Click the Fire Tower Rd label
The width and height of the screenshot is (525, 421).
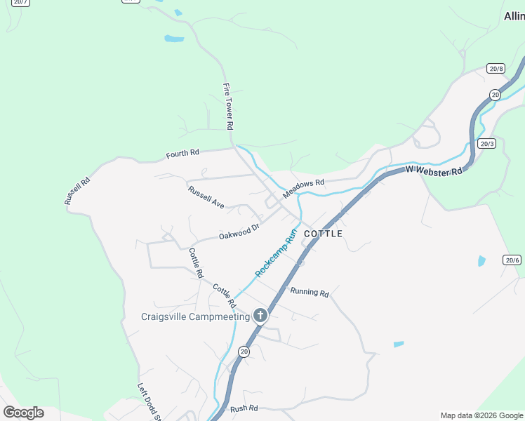click(228, 106)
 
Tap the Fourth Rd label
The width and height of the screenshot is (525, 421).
click(182, 153)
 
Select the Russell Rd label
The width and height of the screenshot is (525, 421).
click(77, 190)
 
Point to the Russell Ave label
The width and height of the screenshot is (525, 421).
click(206, 197)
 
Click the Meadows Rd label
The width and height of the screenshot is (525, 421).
click(303, 187)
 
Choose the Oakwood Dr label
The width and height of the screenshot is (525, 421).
click(239, 232)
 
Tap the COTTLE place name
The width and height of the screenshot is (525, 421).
click(324, 234)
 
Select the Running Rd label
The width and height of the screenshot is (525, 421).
click(310, 292)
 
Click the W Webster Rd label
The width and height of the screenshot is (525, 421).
click(434, 170)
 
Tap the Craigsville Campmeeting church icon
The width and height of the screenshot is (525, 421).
click(260, 316)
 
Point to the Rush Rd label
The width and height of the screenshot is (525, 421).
click(244, 408)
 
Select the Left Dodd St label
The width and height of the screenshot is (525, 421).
click(149, 401)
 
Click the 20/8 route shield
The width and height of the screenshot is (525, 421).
click(496, 68)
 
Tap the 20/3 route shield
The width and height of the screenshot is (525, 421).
click(487, 143)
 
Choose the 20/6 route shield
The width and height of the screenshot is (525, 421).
click(512, 260)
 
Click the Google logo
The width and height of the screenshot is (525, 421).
click(23, 412)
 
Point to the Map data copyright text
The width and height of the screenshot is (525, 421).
click(481, 415)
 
